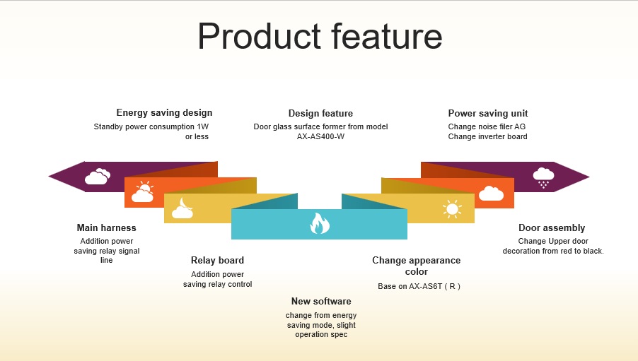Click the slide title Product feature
click(x=320, y=36)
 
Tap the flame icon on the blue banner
click(x=320, y=223)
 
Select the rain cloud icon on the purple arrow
click(x=544, y=177)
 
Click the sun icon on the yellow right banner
click(x=452, y=209)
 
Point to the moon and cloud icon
click(x=182, y=208)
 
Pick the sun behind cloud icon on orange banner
click(x=142, y=192)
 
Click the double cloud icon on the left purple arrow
click(x=98, y=177)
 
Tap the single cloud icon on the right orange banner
click(x=491, y=194)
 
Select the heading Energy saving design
click(x=164, y=112)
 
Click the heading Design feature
click(x=320, y=114)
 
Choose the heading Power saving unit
click(x=488, y=114)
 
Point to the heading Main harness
click(x=107, y=227)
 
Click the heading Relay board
click(x=217, y=260)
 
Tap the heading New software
click(x=321, y=301)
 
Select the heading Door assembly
click(x=552, y=227)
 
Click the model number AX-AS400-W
click(x=320, y=136)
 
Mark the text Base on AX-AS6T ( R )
click(x=419, y=286)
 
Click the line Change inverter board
click(x=487, y=136)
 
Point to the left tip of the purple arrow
click(x=49, y=177)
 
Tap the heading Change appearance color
click(x=416, y=266)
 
